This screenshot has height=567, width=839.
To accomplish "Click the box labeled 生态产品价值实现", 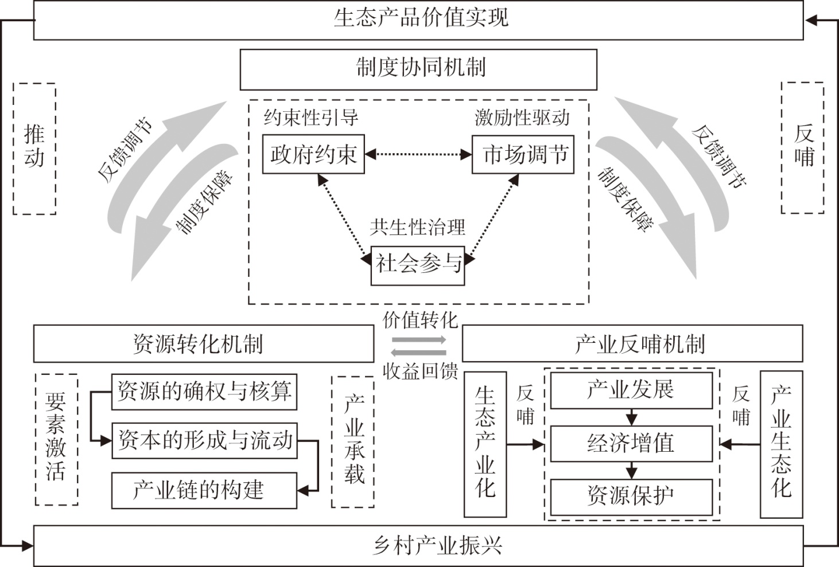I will pos(418,19).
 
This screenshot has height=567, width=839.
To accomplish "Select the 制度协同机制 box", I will pos(418,69).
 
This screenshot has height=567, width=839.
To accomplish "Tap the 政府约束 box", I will pos(313,154).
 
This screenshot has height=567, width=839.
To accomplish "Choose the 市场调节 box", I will pos(523,154).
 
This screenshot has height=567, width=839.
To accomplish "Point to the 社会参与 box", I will pos(417,264).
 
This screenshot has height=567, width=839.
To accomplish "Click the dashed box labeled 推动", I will pos(34,148).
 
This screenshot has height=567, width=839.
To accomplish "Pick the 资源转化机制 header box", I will pos(203,344).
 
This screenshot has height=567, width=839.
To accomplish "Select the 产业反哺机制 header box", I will pos(632,344).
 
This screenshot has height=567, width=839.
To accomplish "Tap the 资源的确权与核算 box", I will pos(204,392).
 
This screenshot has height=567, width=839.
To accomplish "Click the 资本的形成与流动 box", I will pos(204,441).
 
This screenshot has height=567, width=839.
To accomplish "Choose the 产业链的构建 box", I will pos(204,490).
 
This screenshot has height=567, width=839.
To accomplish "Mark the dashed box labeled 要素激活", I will pos(56,439).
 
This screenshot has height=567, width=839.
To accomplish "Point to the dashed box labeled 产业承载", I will pos(353,441).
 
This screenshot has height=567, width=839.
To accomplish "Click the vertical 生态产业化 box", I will pos(485,444).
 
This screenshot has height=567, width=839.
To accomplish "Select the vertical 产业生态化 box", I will pos(781,444).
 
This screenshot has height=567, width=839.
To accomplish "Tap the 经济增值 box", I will pos(631,443).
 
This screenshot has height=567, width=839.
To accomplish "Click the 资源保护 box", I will pos(631,496).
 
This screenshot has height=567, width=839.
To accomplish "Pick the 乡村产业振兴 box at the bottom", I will pos(418,545).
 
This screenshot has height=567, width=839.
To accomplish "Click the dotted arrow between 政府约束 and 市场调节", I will pos(418,154).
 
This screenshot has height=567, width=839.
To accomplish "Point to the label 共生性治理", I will pos(417,228).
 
